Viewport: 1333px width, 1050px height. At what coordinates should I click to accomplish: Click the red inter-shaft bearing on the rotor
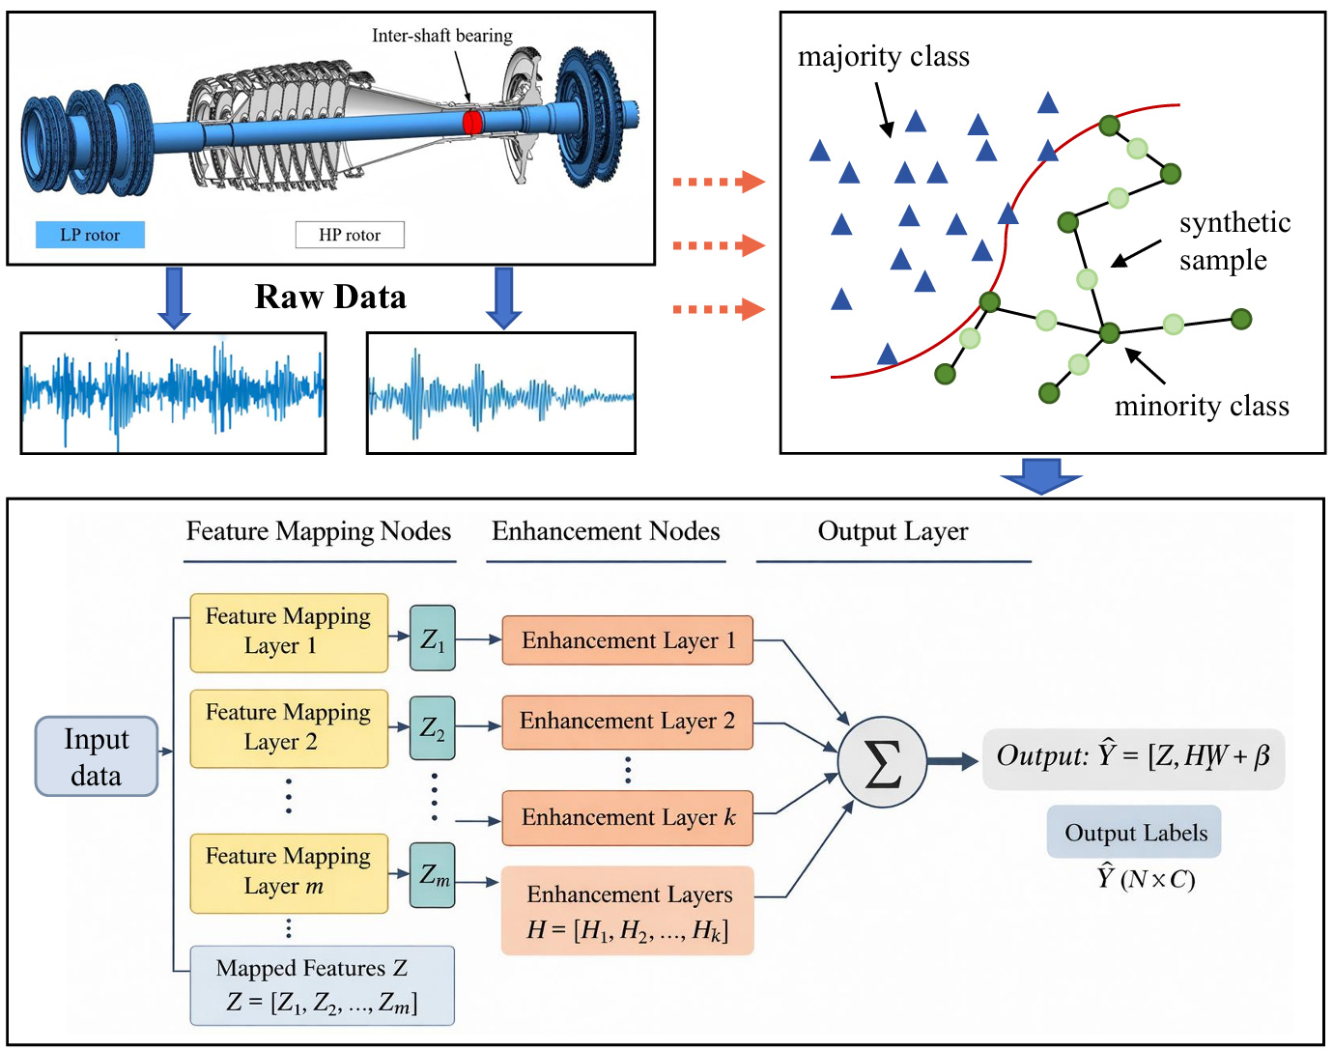[471, 122]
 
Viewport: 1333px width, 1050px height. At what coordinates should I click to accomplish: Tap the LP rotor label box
[90, 235]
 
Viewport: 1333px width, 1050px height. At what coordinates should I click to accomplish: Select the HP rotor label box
[350, 235]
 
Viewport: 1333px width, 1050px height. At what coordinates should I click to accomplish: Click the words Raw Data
[330, 297]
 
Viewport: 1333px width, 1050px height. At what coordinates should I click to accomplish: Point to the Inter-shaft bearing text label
[441, 36]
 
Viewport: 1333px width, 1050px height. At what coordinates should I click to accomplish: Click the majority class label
[883, 57]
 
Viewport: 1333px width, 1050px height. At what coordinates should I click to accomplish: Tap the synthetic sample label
[1234, 241]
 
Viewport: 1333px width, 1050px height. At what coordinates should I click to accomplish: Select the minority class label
[1202, 406]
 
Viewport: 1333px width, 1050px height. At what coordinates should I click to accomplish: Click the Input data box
[97, 756]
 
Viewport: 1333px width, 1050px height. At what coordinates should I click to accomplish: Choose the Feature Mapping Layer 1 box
[288, 632]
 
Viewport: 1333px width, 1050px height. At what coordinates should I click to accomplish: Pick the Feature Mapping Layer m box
[288, 872]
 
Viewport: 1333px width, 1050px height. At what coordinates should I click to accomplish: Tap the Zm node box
[433, 874]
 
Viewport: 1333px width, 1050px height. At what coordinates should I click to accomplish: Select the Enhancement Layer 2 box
[627, 722]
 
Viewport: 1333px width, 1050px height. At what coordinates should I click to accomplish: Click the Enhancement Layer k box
[627, 818]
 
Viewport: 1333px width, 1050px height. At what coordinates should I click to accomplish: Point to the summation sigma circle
[882, 762]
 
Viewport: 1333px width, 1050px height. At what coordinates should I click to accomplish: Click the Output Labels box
[1135, 833]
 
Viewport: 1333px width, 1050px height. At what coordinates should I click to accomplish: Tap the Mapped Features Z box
[322, 985]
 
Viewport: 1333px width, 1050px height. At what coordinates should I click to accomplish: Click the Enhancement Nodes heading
[606, 531]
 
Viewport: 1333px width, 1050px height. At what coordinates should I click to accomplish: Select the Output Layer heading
[893, 531]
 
